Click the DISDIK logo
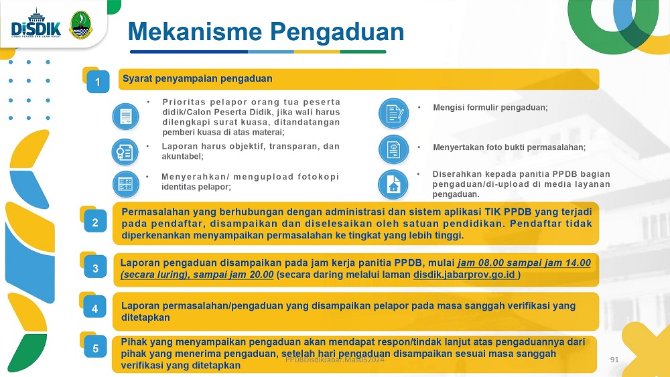pyautogui.click(x=36, y=24)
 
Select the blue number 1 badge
pyautogui.click(x=98, y=81)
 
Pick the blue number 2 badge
pyautogui.click(x=95, y=222)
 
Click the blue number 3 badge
pyautogui.click(x=95, y=268)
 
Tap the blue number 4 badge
pyautogui.click(x=95, y=308)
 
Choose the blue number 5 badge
pyautogui.click(x=95, y=348)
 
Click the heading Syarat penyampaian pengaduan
pyautogui.click(x=198, y=78)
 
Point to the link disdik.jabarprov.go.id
pyautogui.click(x=464, y=275)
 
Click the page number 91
pyautogui.click(x=614, y=360)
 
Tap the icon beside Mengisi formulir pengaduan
pyautogui.click(x=393, y=113)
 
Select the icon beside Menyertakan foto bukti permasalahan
pyautogui.click(x=393, y=149)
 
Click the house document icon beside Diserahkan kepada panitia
pyautogui.click(x=393, y=184)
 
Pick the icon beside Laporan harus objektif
pyautogui.click(x=125, y=152)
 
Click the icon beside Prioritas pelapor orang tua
pyautogui.click(x=126, y=116)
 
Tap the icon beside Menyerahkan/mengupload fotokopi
pyautogui.click(x=126, y=184)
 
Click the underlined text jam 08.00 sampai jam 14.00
pyautogui.click(x=525, y=262)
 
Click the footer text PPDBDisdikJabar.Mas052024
pyautogui.click(x=335, y=360)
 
